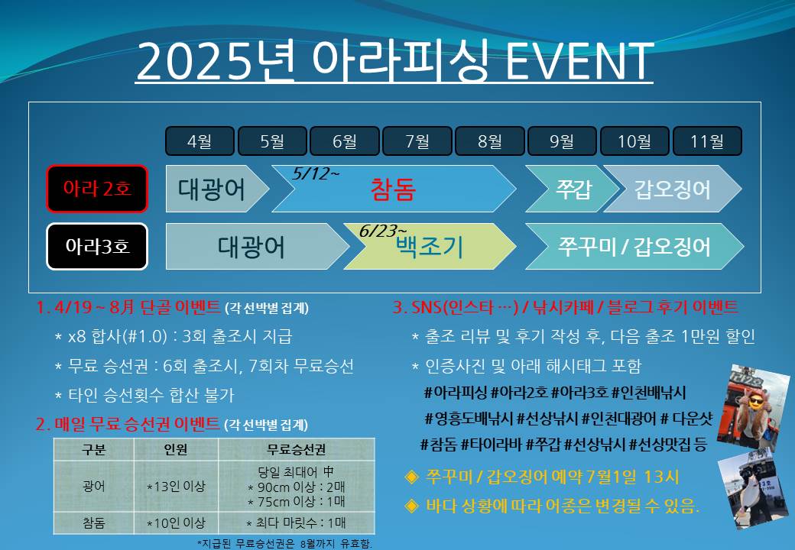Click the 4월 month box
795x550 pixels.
pos(200,141)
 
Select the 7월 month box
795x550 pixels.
pos(417,141)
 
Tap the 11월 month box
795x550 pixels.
pos(707,141)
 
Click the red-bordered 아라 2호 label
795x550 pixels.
pos(96,189)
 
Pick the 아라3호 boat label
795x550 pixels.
pos(96,247)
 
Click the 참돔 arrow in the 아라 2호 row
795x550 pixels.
pos(393,189)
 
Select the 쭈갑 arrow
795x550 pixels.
pos(563,189)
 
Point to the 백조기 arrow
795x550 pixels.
pos(430,247)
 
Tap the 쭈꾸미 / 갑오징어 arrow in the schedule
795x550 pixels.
pos(634,247)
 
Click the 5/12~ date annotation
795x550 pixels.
pos(316,174)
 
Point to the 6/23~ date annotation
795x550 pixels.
pos(383,231)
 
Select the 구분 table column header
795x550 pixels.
pos(94,449)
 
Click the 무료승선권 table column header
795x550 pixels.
pos(297,449)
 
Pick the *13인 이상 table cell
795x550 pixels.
pos(176,486)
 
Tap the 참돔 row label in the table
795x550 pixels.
pos(94,523)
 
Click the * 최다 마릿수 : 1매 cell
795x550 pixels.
pos(297,523)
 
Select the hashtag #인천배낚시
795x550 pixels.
pos(649,393)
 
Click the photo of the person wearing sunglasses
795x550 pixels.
pos(751,403)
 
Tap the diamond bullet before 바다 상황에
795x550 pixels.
pos(412,505)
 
